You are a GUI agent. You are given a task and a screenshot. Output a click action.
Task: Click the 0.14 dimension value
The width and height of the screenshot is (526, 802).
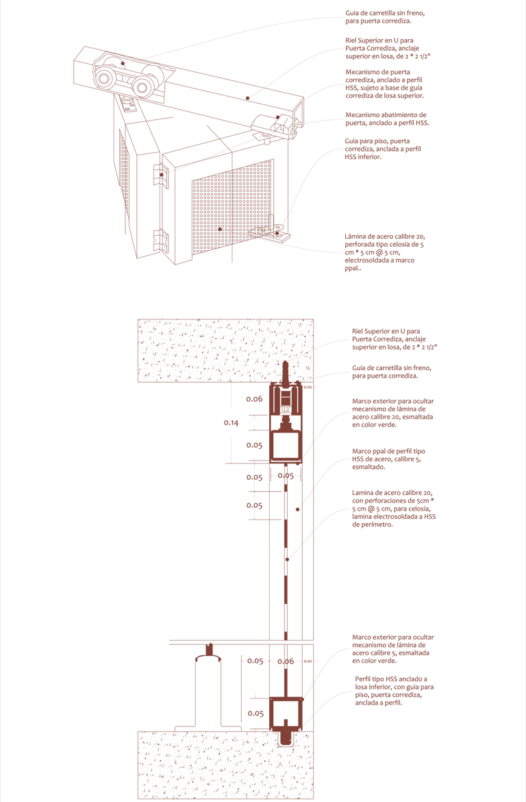[x=231, y=423]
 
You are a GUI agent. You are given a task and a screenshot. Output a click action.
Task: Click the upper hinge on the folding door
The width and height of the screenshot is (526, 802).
[x=160, y=174]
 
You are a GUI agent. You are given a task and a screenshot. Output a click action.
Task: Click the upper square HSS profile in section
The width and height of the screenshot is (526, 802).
[x=286, y=446]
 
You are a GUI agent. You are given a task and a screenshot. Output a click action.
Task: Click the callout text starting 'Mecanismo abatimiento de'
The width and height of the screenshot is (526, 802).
[x=387, y=119]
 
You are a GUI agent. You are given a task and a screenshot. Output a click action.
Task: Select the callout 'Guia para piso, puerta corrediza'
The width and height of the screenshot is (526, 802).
[x=383, y=149]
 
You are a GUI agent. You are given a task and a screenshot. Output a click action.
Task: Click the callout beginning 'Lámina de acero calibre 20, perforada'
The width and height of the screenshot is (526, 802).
[x=384, y=253]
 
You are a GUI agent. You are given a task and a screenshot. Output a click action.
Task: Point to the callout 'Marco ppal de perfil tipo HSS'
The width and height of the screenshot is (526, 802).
[x=388, y=459]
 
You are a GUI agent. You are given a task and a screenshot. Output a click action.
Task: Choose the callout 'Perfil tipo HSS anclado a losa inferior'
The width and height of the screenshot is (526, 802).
[x=394, y=691]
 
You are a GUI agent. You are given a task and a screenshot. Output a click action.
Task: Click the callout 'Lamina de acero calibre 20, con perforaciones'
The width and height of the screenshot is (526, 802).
[x=394, y=509]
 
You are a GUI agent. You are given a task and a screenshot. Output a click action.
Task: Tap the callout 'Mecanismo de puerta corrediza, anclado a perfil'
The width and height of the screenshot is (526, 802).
[x=384, y=84]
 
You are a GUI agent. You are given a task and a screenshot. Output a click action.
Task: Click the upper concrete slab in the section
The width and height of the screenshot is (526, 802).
[x=225, y=351]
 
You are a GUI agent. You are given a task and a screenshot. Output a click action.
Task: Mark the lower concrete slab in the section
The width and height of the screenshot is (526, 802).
[x=225, y=765]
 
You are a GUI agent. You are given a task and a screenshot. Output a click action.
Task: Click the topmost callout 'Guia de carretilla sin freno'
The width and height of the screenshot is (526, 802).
[x=385, y=17]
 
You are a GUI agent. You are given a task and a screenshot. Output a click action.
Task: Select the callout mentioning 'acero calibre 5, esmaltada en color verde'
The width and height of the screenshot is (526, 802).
[x=392, y=649]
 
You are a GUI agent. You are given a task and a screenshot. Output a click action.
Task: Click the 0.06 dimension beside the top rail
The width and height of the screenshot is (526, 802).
[x=254, y=399]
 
